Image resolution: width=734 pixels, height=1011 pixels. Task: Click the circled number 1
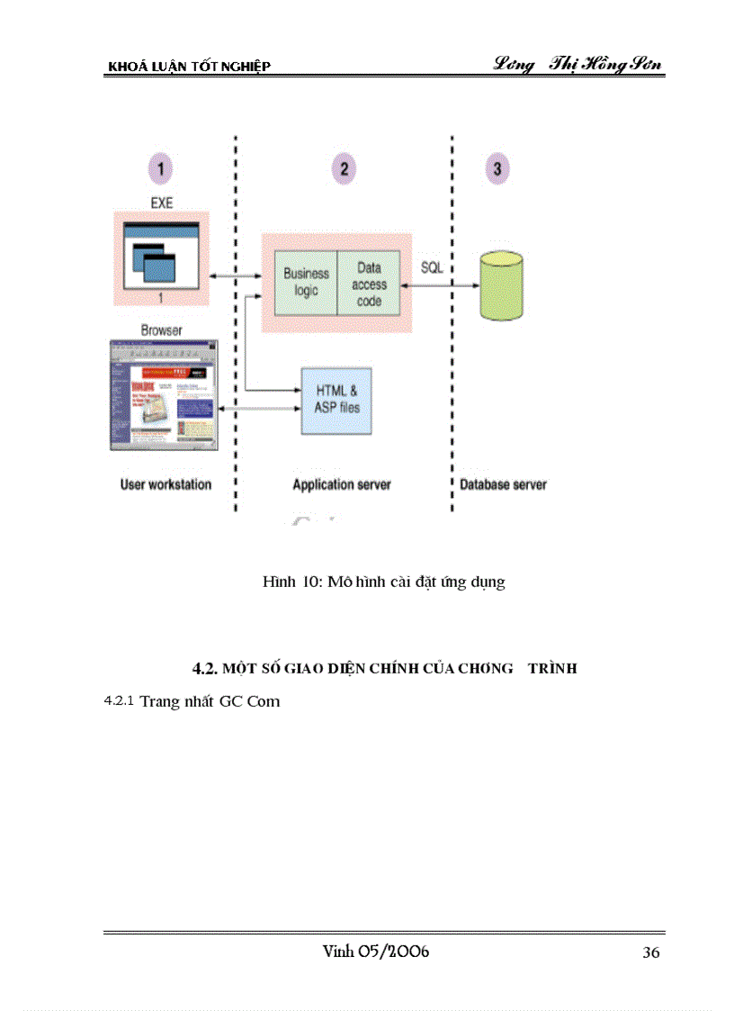(160, 167)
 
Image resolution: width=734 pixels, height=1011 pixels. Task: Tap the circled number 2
(344, 167)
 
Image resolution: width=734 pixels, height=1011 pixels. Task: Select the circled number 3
(497, 167)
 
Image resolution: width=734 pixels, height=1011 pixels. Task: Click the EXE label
(161, 203)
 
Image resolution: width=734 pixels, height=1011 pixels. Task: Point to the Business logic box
(306, 283)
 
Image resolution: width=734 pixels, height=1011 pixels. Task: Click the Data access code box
(369, 284)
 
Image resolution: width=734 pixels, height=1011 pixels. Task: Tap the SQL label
(432, 268)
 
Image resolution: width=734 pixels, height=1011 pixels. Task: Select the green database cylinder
(501, 287)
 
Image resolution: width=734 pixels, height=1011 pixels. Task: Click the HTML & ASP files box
(336, 401)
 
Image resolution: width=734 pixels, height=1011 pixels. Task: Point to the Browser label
(161, 330)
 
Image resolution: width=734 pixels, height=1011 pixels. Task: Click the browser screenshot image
(163, 394)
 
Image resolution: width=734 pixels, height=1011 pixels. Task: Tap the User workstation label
(166, 484)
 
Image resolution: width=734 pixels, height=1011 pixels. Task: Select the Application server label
(342, 484)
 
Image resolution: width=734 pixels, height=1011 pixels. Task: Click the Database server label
(503, 484)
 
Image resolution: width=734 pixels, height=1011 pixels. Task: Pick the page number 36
(651, 953)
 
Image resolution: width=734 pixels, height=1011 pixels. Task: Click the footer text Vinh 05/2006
(375, 952)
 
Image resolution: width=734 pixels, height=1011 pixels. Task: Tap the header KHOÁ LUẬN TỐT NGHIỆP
(189, 67)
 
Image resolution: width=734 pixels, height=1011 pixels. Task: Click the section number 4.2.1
(120, 700)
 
